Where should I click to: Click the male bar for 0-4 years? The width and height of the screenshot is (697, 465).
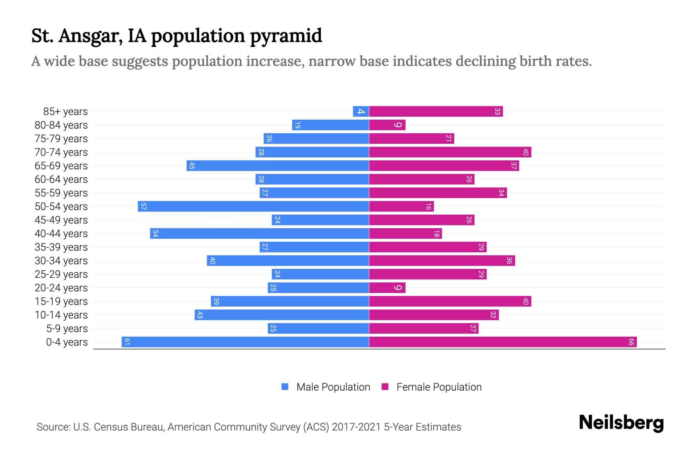tap(245, 342)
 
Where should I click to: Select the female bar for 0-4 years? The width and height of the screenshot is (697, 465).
tap(503, 342)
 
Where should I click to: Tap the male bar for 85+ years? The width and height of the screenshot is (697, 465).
tap(361, 112)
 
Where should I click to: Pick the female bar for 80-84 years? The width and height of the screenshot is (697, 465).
tap(387, 125)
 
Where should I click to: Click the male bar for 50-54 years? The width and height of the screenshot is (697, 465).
tap(253, 207)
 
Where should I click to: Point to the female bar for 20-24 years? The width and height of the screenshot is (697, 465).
tap(387, 288)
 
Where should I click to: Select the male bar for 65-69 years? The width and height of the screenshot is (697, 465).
tap(278, 166)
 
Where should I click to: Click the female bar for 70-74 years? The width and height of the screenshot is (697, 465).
tap(450, 152)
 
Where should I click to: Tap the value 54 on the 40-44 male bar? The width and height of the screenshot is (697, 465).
tap(155, 234)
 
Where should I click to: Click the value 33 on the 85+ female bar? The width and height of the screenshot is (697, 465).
tap(497, 112)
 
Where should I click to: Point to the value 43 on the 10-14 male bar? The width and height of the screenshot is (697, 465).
tap(200, 315)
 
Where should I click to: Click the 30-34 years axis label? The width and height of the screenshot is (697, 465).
tap(61, 261)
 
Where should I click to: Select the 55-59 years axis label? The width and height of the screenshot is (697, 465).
tap(61, 193)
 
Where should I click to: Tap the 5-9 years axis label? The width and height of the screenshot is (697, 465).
tap(67, 329)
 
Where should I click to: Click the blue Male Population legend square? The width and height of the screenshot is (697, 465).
tap(285, 387)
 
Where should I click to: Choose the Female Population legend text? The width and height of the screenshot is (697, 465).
tap(439, 387)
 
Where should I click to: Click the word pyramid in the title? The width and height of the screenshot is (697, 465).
tap(286, 36)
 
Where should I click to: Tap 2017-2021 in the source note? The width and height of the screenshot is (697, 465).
tap(356, 427)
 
